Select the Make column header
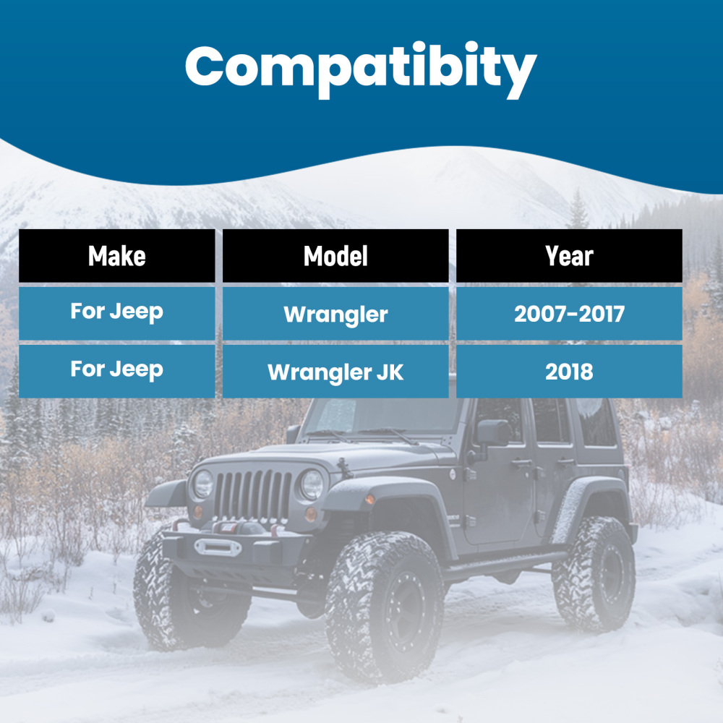117,256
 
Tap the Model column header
335,256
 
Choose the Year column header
569,256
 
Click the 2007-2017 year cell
569,314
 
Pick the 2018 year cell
569,372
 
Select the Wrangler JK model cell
335,372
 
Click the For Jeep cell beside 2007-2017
117,312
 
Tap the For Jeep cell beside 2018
117,369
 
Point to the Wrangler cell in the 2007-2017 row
335,314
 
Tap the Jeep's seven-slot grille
253,496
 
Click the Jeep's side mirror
493,434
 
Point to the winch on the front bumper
217,546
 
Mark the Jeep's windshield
376,417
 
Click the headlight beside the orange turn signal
312,484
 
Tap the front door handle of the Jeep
522,462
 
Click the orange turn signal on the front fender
370,500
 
